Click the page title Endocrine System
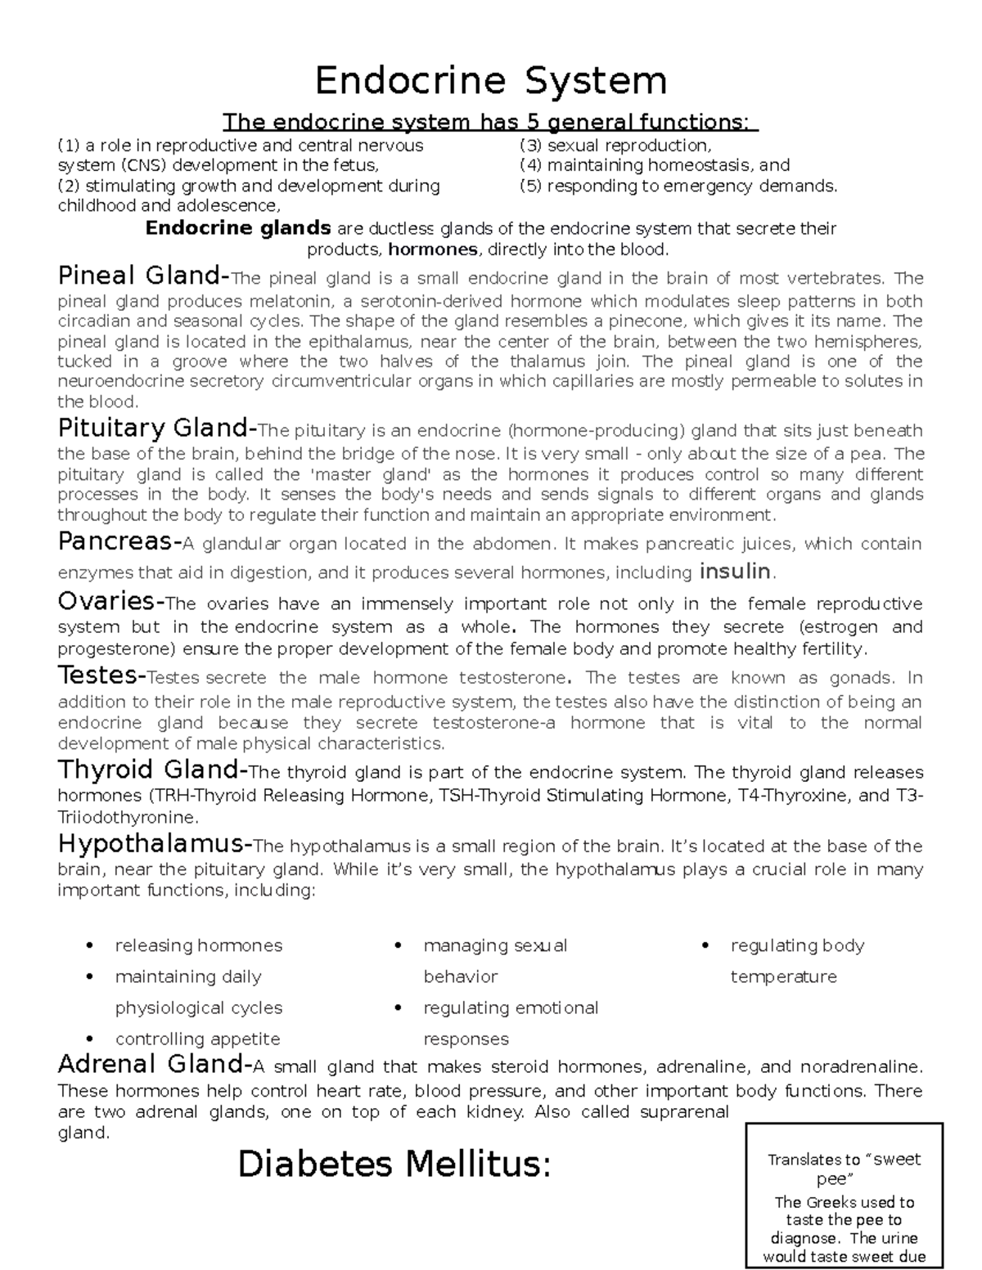(x=491, y=81)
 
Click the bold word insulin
(x=734, y=571)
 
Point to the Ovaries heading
(x=108, y=602)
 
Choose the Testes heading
(x=99, y=675)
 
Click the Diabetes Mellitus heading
(x=394, y=1165)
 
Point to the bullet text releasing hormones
(x=198, y=945)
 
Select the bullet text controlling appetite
(x=197, y=1039)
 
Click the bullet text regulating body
(x=797, y=945)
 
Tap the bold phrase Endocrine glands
(x=238, y=228)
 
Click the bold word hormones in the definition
(x=433, y=249)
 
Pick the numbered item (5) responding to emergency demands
(x=678, y=186)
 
